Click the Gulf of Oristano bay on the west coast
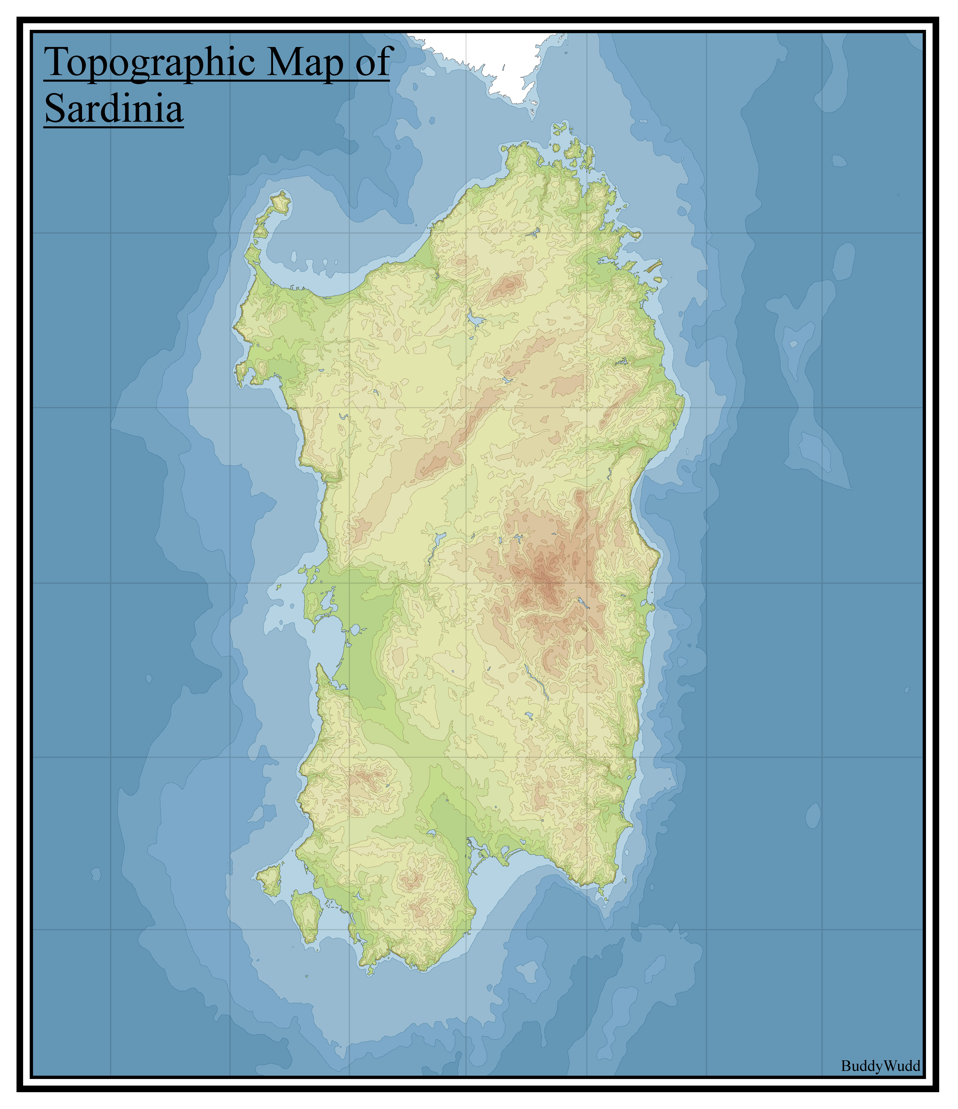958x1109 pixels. (328, 642)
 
